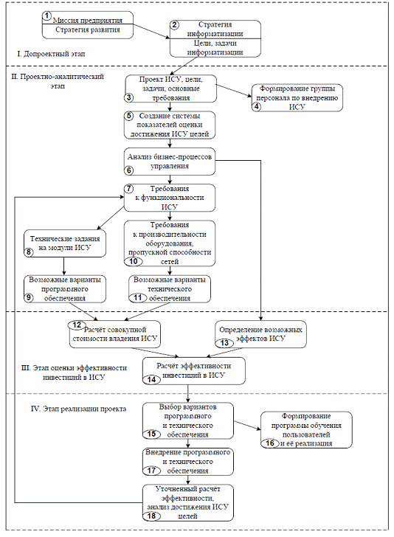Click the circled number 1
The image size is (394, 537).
47,15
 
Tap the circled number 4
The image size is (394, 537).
256,106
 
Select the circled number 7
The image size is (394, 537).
128,189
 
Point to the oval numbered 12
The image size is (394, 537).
77,325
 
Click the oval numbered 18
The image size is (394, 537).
152,516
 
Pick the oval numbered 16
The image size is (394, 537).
270,443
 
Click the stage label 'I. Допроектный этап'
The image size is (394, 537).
52,54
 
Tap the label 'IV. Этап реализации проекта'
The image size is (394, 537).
78,409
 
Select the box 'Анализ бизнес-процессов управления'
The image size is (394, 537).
170,162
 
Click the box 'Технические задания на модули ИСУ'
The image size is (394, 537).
65,243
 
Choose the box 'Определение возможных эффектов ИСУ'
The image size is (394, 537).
260,334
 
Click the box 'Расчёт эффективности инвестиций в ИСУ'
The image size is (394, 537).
194,371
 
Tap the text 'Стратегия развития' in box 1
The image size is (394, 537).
88,30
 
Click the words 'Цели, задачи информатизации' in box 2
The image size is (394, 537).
215,48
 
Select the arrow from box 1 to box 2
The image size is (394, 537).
151,31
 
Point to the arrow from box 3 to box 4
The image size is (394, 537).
235,91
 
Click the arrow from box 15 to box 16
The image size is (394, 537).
247,425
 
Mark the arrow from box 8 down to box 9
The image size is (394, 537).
64,266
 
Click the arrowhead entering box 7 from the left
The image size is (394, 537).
122,197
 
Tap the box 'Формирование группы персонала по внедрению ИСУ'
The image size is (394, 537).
297,97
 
